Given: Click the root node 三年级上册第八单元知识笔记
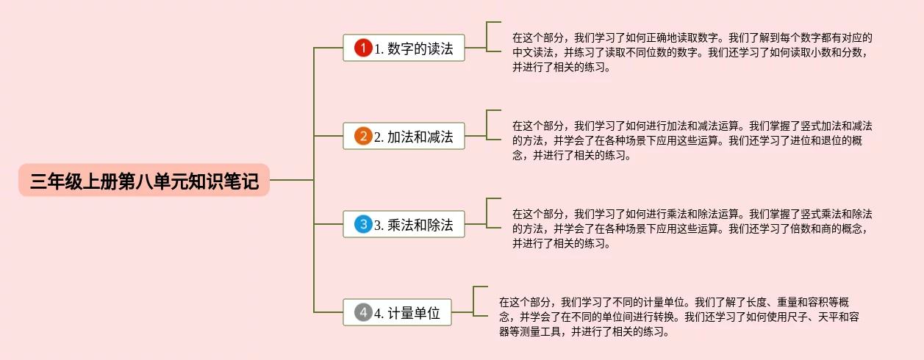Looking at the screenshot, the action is tap(144, 180).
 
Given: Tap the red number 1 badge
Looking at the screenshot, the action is tap(363, 48).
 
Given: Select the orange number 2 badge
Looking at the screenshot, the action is tap(363, 136).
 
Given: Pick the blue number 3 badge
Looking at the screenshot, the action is tap(363, 224).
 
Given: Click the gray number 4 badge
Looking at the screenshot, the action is tap(363, 312).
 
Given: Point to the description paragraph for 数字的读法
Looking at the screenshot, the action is tap(691, 52).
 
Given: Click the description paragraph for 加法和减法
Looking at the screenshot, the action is tap(691, 140).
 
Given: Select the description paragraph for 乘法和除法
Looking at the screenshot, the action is tap(691, 228).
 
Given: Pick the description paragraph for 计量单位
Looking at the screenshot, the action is tap(676, 317).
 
